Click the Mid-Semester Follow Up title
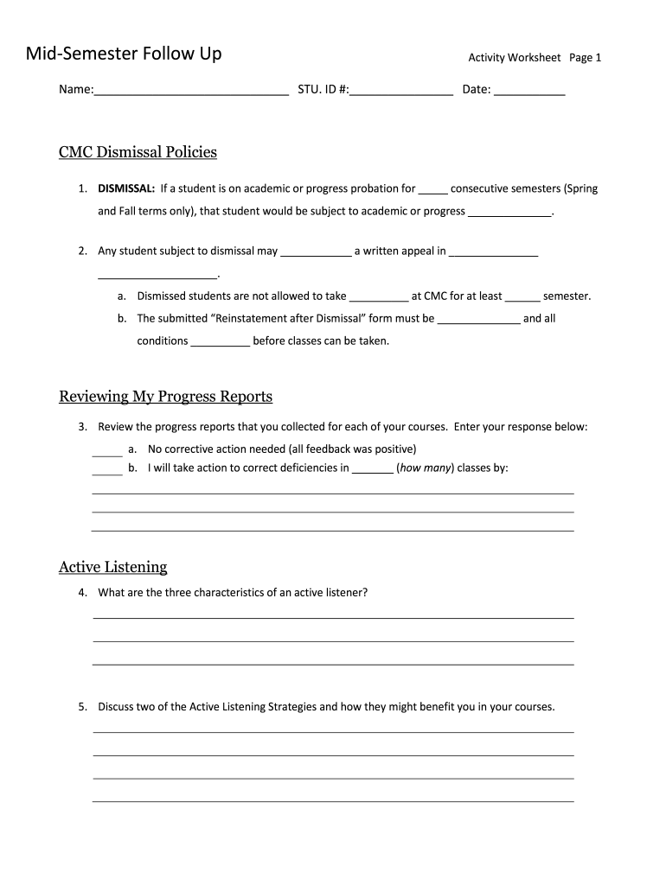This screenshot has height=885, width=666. pos(124,54)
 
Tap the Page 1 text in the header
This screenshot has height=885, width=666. pos(585,58)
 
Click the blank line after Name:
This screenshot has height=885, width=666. pos(191,90)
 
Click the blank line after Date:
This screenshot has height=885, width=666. pos(529,90)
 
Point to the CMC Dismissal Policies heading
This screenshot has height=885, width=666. pos(138,153)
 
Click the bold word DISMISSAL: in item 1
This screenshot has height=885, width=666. pos(126,188)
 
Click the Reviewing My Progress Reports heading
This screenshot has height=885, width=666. pos(165,397)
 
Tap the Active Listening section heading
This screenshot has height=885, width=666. pos(112,568)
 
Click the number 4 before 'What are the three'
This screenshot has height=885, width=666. pos(81,593)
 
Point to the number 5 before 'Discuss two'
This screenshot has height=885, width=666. pos(81,707)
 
